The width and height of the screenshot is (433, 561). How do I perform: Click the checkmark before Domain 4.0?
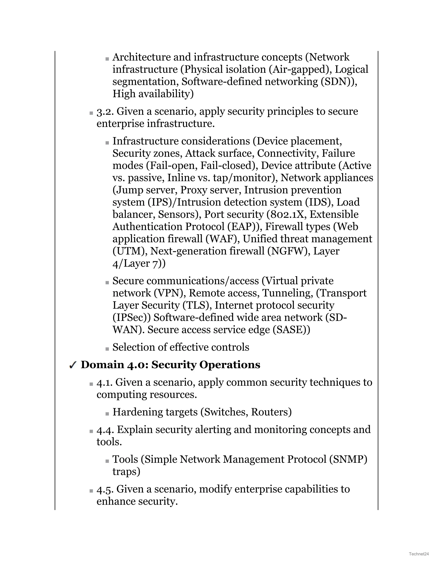coord(73,365)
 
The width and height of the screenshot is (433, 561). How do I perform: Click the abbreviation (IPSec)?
coord(132,318)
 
